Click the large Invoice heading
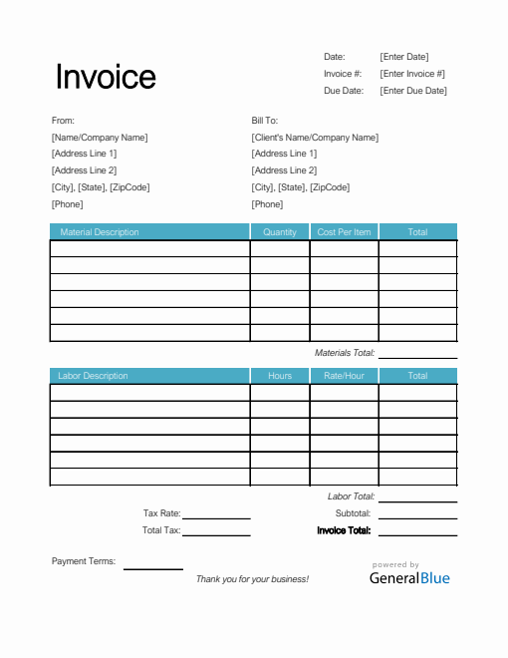106,77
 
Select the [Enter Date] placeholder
404,57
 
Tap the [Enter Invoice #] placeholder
412,74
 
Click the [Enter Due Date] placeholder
413,91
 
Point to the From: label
63,121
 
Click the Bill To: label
265,121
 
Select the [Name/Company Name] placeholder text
100,138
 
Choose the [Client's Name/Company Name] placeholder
315,138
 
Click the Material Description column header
100,232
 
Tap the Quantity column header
280,232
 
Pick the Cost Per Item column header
344,232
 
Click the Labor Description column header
94,376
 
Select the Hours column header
280,376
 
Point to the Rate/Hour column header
344,376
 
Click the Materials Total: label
344,353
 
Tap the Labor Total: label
351,496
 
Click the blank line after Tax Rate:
216,514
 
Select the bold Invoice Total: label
344,530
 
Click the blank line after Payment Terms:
152,564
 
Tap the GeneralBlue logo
409,577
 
